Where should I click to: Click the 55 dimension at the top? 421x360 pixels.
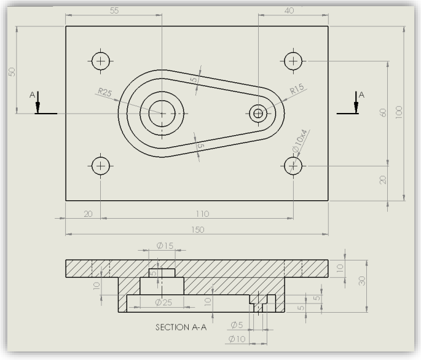115,11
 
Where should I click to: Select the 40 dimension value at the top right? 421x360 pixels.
289,10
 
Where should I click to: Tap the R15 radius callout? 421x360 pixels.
297,89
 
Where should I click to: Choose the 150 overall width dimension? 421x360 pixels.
197,229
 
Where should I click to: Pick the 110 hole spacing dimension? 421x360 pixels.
202,214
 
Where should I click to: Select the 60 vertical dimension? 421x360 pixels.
384,113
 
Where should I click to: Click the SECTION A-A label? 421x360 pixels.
181,327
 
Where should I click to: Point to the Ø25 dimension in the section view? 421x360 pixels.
163,302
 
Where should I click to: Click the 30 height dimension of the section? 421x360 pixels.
362,280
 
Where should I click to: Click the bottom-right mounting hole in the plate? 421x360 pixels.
293,165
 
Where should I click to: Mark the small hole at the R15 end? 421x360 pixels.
258,113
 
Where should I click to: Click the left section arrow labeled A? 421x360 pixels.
38,104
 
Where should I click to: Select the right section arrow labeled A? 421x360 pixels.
356,104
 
